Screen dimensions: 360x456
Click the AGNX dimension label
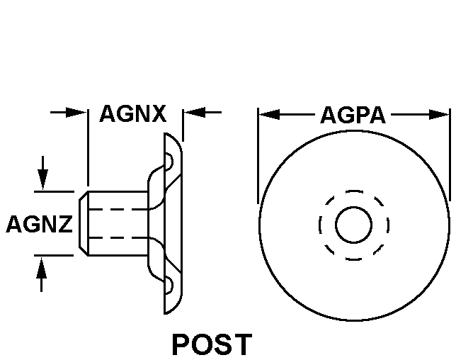[132, 113]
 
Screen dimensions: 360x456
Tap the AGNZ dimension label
[39, 225]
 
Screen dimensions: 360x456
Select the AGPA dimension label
[353, 115]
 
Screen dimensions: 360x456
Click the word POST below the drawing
[211, 344]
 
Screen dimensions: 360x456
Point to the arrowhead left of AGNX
[78, 112]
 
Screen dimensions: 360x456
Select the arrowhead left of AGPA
[268, 113]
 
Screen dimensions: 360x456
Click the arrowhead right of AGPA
[440, 113]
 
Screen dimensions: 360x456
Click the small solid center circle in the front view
[353, 225]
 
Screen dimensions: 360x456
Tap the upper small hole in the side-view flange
[169, 162]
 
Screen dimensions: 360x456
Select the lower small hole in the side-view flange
[169, 286]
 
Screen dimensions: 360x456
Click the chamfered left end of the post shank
[83, 223]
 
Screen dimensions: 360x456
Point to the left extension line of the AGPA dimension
[258, 156]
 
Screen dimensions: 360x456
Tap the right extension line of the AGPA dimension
[450, 156]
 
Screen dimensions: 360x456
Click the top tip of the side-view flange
[166, 134]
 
